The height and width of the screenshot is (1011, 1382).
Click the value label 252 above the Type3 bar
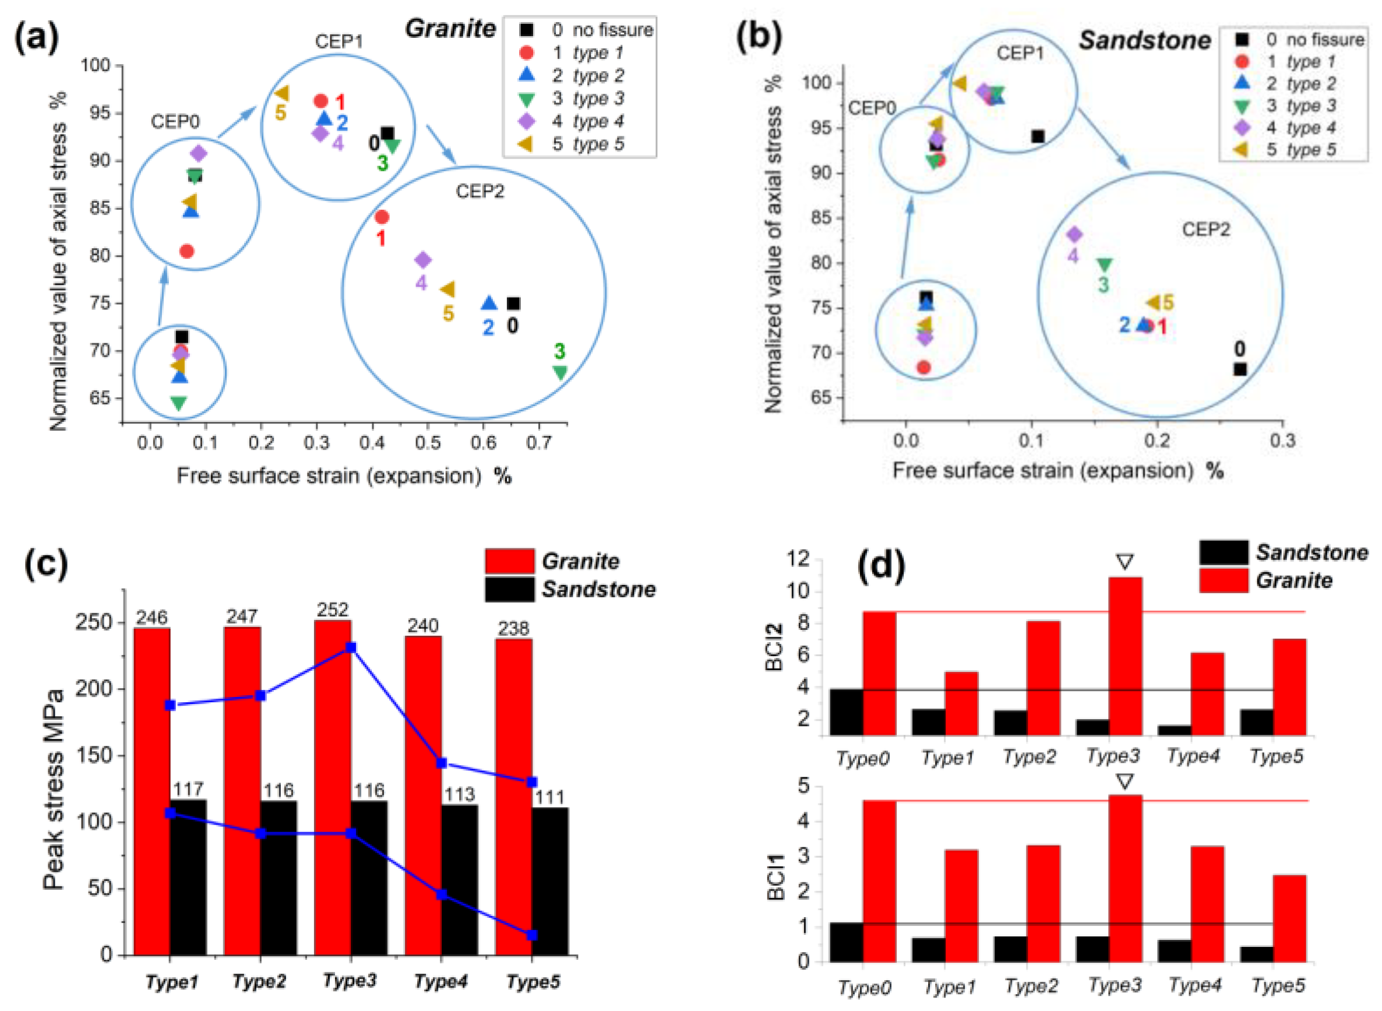tap(332, 610)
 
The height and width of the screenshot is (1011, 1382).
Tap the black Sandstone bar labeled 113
tap(460, 881)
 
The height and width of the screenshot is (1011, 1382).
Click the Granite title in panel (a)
tap(450, 29)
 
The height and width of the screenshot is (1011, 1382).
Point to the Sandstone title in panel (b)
tap(1144, 40)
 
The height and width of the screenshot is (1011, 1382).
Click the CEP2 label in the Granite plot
tap(480, 192)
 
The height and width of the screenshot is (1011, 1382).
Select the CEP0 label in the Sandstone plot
tap(871, 108)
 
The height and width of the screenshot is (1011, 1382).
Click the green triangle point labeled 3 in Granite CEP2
tap(559, 372)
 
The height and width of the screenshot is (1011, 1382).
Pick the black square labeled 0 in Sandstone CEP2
tap(1239, 369)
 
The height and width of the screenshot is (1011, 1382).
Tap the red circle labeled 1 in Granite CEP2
tap(382, 217)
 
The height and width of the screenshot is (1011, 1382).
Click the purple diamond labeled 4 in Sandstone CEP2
tap(1074, 234)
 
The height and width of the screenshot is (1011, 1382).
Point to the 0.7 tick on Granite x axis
tap(538, 442)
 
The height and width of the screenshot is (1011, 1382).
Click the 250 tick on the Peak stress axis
tap(94, 622)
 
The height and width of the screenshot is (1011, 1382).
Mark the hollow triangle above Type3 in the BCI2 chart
tap(1124, 561)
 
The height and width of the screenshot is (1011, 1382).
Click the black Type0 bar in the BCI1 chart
tap(846, 942)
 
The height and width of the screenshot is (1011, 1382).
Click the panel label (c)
tap(46, 562)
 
